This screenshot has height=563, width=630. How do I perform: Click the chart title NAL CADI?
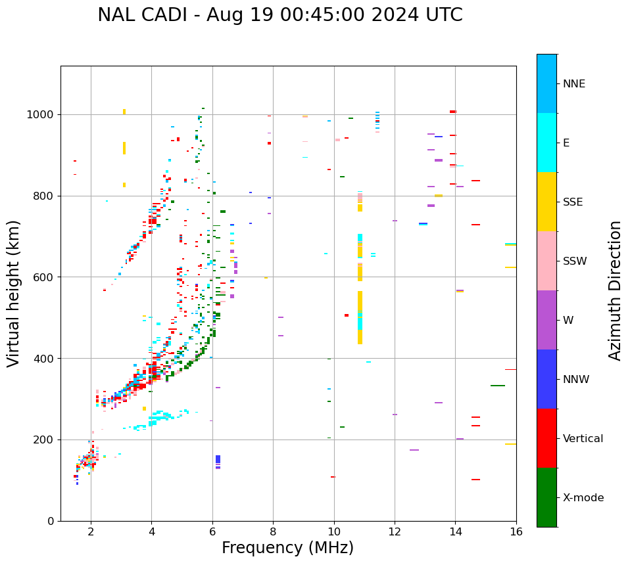point(279,15)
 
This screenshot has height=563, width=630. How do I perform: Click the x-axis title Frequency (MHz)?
point(287,548)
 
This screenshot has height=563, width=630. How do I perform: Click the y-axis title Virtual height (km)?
point(14,294)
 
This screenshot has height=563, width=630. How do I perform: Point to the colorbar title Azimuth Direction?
point(615,290)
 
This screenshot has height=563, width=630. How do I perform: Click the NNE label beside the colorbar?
point(573,84)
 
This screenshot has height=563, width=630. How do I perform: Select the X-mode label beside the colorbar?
point(583,498)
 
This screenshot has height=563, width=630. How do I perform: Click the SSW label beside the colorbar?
point(575,261)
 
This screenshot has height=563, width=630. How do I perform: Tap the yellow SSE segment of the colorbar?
point(546,202)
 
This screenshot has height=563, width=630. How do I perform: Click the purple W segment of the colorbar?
point(546,320)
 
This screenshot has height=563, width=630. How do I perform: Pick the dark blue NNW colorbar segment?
point(546,379)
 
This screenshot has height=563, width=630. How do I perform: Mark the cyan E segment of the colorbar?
point(546,143)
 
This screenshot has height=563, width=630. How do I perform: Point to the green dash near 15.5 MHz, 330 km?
point(498,386)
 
